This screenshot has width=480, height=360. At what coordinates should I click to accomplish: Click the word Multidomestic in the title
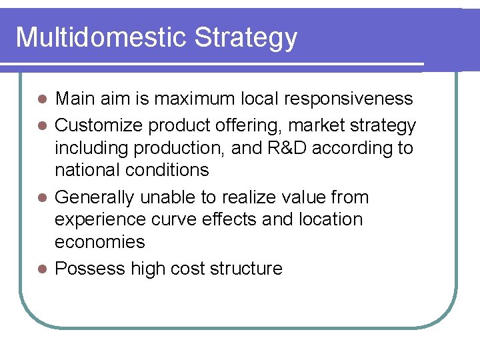click(101, 37)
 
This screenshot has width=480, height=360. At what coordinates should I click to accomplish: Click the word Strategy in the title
click(246, 39)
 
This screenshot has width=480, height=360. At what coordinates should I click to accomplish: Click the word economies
click(99, 242)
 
